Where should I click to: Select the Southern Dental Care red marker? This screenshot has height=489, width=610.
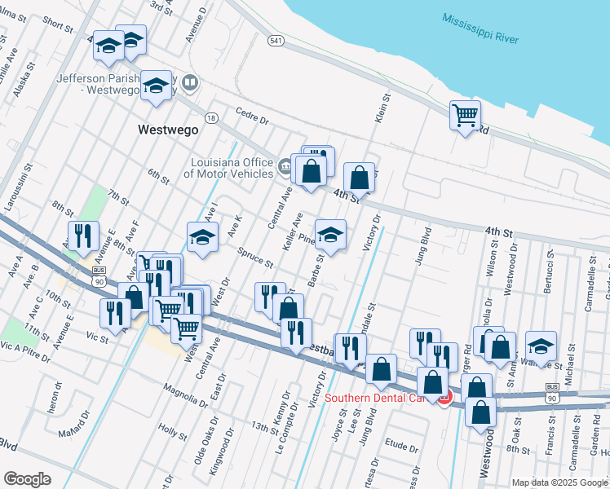pos(444,398)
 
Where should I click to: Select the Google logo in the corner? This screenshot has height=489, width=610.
pos(27,479)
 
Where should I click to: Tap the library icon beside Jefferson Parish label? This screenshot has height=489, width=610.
pos(190,82)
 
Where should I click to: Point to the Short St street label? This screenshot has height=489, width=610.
pos(59,25)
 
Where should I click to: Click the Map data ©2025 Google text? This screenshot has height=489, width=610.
pos(559,482)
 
